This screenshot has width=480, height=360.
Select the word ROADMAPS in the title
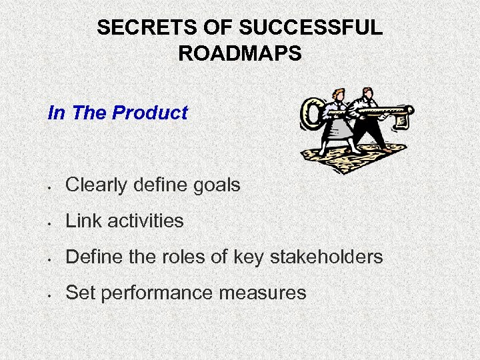(x=240, y=53)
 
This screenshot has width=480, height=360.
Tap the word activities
(x=145, y=221)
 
